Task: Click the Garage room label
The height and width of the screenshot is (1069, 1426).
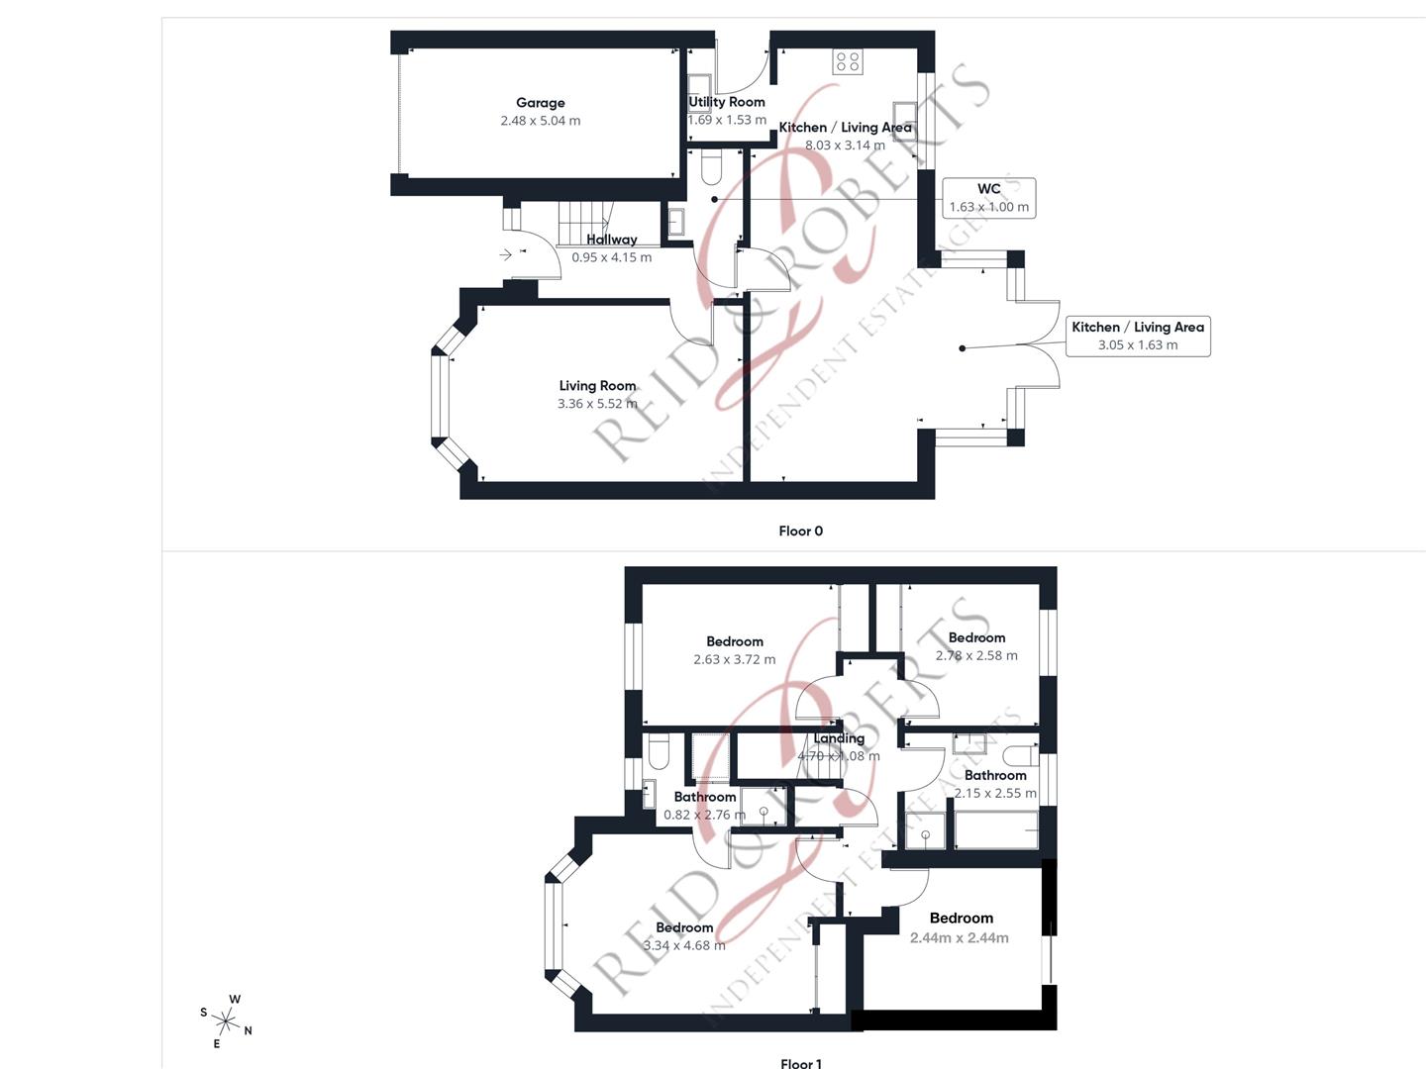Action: point(540,103)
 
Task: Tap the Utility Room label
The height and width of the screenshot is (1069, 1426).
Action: point(727,102)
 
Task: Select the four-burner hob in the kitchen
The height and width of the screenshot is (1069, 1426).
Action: point(848,61)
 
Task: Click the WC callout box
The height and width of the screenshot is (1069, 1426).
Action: point(988,198)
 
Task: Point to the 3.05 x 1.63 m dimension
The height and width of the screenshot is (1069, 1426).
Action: point(1138,345)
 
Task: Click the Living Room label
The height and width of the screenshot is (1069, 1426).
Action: point(597,386)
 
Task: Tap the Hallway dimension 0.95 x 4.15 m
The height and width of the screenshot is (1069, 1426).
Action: point(611,257)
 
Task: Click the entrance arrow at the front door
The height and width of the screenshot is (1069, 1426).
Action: point(506,254)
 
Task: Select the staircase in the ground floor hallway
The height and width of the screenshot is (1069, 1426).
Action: point(583,219)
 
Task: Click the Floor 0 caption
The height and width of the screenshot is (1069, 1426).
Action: point(800,532)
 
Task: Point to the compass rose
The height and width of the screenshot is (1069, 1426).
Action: point(227,1021)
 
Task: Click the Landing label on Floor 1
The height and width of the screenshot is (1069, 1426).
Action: point(839,738)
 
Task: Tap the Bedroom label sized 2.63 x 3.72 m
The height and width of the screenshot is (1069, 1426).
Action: point(735,641)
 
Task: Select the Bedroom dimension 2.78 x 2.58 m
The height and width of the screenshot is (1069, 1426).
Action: point(976,655)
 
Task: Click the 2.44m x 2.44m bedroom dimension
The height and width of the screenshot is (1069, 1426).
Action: point(960,938)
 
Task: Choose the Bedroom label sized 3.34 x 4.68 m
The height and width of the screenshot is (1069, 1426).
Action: point(684,927)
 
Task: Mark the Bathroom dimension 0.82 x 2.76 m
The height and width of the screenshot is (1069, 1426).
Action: point(704,815)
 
